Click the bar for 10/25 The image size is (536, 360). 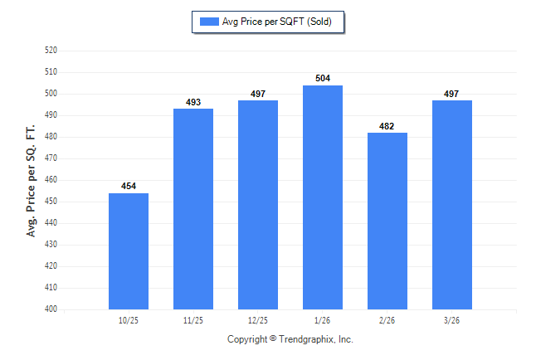tap(129, 251)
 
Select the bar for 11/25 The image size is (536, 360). tap(193, 209)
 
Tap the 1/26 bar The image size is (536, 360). tap(323, 197)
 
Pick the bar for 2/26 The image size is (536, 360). tap(387, 221)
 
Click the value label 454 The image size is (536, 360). tap(129, 186)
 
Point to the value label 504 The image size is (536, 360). tap(323, 78)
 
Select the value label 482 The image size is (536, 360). tap(387, 126)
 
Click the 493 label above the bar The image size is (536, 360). tap(193, 102)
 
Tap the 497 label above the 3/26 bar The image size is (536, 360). tap(451, 94)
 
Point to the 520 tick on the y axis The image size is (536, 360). tap(51, 51)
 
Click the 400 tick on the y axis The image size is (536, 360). tap(51, 309)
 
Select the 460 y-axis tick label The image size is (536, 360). tap(51, 179)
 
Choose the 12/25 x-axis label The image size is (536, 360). tap(258, 320)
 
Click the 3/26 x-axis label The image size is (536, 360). tap(451, 320)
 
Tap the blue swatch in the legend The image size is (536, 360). tap(209, 22)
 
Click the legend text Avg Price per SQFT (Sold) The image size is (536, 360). tap(277, 22)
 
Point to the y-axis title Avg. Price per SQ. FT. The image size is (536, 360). tap(31, 181)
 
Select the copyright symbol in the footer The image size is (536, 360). tap(273, 338)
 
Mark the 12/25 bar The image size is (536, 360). tap(258, 205)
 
